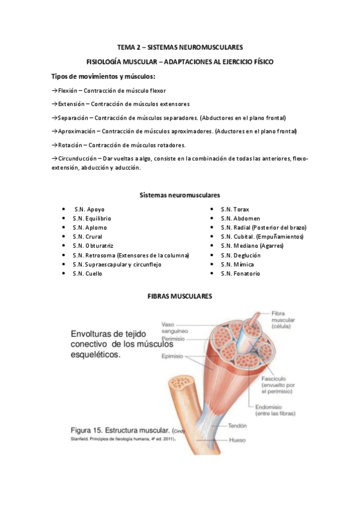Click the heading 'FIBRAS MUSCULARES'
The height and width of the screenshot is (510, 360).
(x=180, y=296)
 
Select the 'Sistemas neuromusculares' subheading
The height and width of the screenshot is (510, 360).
(x=180, y=195)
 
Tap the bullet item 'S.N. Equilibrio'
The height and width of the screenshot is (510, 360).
(x=91, y=218)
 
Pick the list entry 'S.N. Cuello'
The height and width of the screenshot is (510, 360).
(x=87, y=274)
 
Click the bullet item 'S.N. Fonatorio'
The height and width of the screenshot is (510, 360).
(x=240, y=274)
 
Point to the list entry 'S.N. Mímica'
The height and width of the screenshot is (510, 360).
(x=237, y=265)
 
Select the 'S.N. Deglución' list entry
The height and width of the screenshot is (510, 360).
(x=240, y=255)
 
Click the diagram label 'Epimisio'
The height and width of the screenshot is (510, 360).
(x=173, y=355)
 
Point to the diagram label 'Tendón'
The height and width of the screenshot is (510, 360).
(x=238, y=425)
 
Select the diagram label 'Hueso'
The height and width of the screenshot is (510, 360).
(x=237, y=440)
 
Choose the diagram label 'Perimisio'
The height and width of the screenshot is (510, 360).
(x=173, y=339)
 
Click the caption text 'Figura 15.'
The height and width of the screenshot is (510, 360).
(x=90, y=431)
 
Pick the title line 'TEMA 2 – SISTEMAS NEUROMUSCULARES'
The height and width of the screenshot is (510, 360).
(x=180, y=46)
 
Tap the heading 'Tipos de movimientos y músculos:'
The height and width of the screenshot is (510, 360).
(x=103, y=76)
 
